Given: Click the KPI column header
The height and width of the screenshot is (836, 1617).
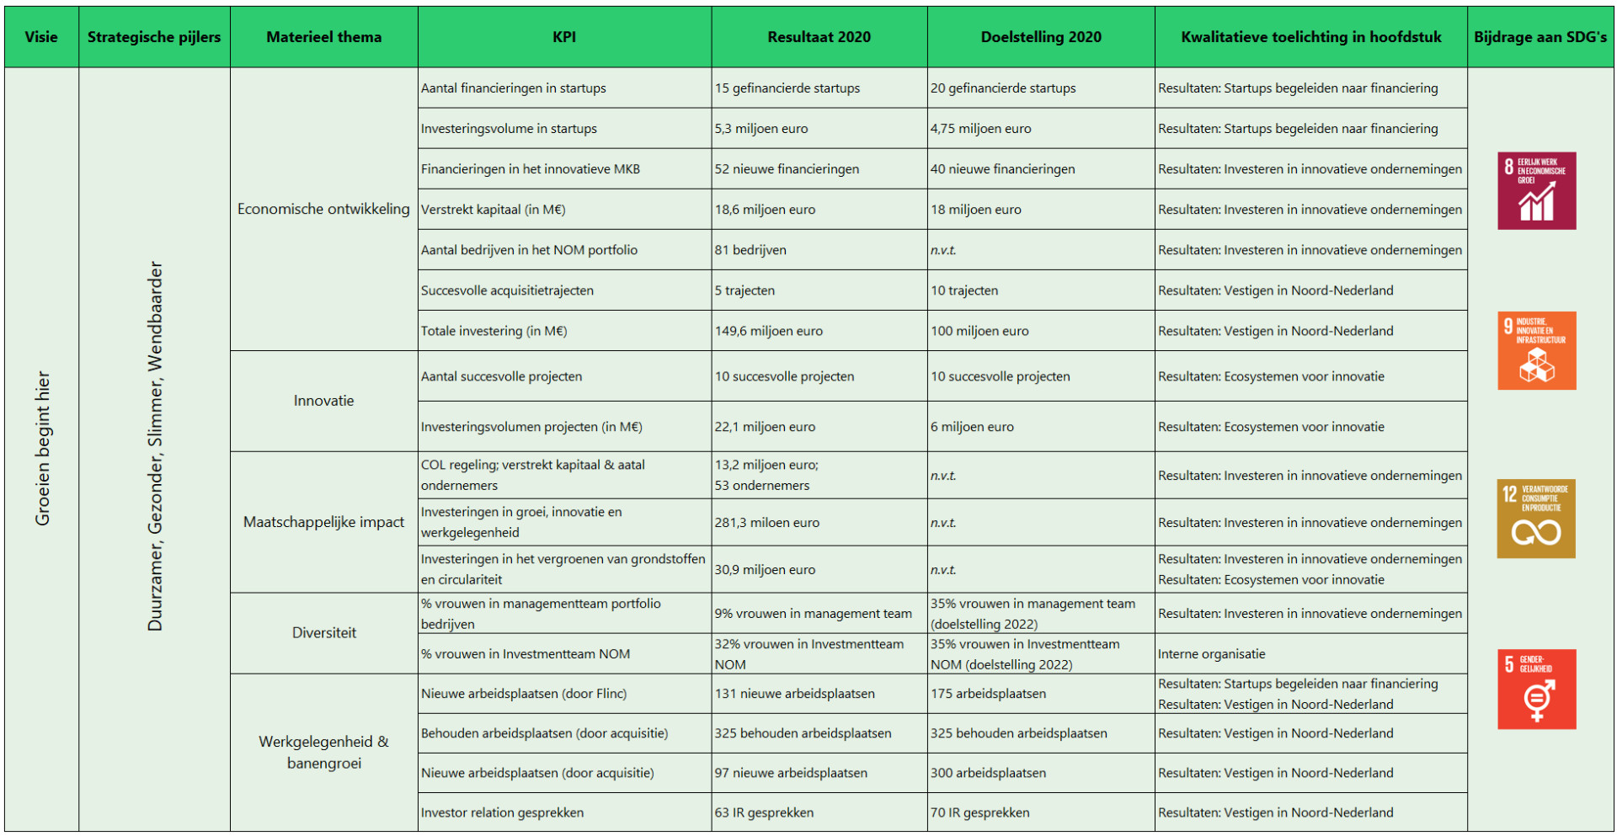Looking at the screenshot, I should click(564, 37).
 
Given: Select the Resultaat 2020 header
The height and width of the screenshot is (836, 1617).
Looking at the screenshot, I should click(819, 37).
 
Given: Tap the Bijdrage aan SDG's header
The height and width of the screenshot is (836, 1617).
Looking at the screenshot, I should click(1540, 37).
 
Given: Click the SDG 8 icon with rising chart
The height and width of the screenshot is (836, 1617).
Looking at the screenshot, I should click(1536, 191).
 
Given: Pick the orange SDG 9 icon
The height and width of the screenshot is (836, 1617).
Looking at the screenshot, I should click(1536, 351).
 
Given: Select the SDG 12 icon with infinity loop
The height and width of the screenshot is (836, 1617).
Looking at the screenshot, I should click(1535, 519).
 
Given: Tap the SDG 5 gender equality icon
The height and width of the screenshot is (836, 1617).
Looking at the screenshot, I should click(1536, 689).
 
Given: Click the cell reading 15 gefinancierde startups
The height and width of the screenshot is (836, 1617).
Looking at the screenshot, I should click(787, 88).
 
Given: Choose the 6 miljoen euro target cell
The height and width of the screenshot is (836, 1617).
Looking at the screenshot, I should click(972, 427).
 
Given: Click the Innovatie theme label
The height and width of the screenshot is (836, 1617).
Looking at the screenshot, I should click(323, 401).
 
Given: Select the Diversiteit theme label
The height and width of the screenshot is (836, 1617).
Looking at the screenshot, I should click(323, 633).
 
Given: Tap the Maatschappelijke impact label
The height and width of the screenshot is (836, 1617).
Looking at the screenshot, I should click(323, 522).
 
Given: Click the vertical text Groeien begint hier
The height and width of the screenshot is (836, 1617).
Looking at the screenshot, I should click(42, 448).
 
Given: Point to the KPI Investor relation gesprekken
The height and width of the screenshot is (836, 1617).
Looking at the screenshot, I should click(502, 812).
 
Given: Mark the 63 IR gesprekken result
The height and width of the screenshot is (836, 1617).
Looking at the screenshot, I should click(764, 812).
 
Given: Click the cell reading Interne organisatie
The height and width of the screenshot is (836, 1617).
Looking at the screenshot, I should click(1211, 654).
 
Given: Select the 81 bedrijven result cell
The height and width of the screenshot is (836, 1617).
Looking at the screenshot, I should click(750, 250).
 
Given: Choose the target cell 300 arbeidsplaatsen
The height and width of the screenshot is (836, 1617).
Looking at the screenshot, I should click(988, 773).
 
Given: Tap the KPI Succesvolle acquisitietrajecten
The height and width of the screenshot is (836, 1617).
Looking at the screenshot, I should click(507, 290).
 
